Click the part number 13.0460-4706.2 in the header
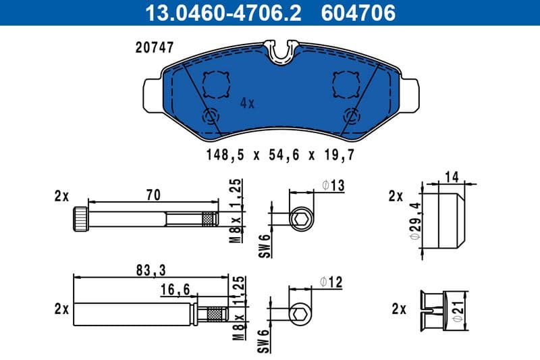(x=215, y=12)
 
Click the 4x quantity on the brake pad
(x=247, y=103)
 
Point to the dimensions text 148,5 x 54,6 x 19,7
(x=280, y=155)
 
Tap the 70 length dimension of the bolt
(x=153, y=195)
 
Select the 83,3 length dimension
(x=149, y=270)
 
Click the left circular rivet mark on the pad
(x=211, y=115)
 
